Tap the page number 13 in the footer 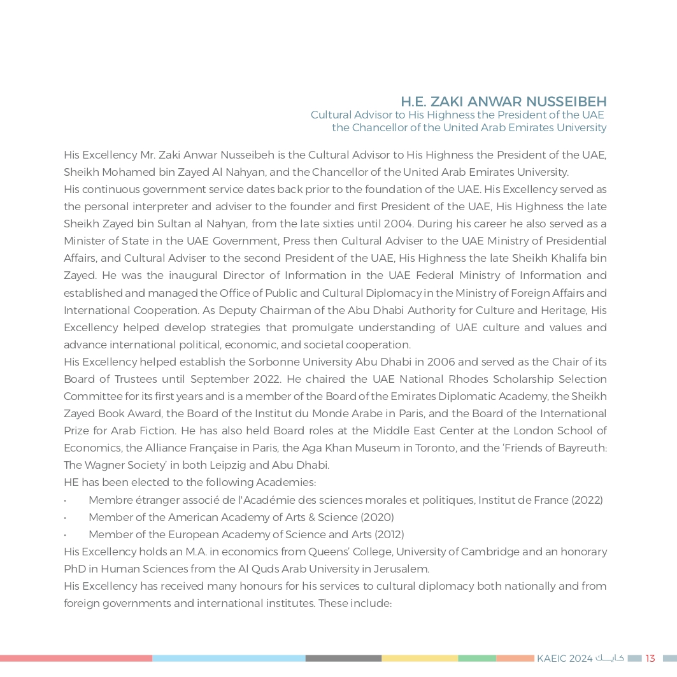pos(650,658)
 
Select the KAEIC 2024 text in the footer pos(564,658)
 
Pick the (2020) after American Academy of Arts pos(377,517)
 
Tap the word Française pos(206,448)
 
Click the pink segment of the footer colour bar pos(76,658)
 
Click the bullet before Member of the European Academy pos(66,535)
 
